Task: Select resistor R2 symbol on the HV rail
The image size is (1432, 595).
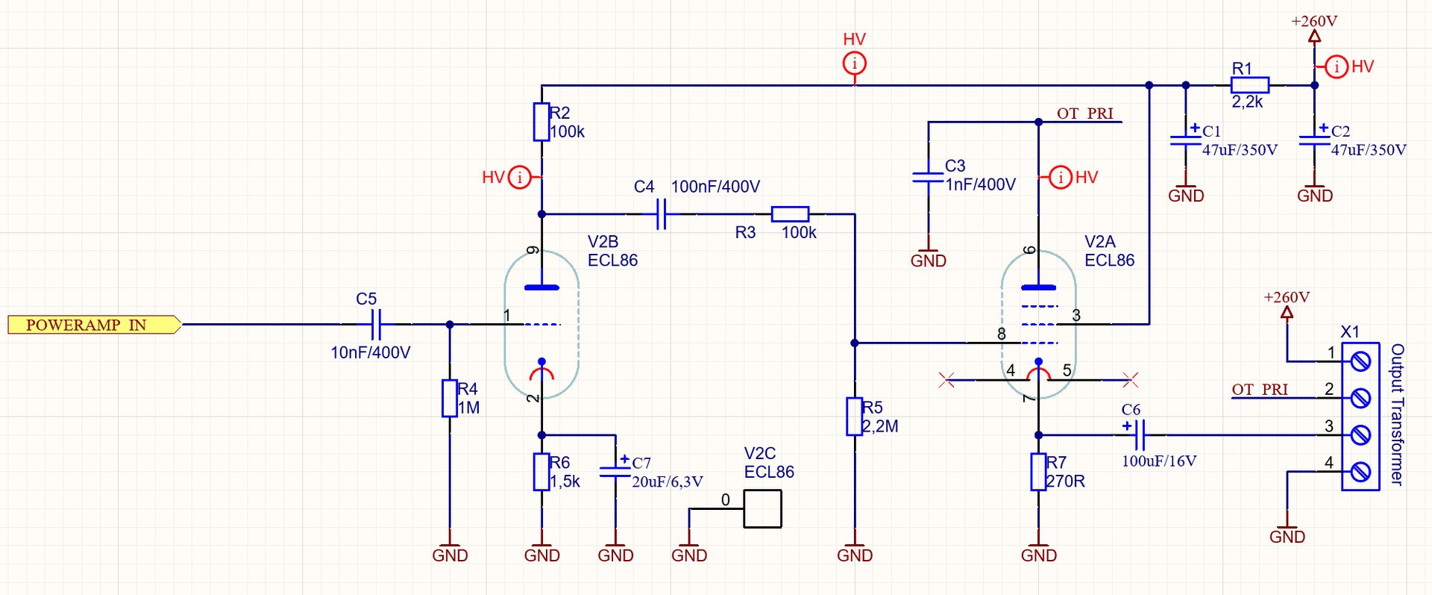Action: (x=541, y=122)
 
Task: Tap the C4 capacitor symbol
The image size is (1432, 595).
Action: (x=661, y=214)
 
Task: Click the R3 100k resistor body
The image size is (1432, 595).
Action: (x=790, y=214)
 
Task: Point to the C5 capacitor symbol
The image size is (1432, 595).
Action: (x=376, y=325)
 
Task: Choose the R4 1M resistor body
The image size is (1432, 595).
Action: (x=449, y=398)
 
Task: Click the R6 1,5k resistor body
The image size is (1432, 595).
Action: (x=541, y=472)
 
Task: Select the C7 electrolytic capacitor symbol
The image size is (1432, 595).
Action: (x=615, y=471)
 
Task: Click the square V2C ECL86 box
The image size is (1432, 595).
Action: (x=762, y=509)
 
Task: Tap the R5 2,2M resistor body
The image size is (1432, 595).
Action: (x=854, y=417)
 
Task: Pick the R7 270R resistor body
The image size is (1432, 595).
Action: (x=1038, y=472)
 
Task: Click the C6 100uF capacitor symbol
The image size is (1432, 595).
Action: (x=1139, y=434)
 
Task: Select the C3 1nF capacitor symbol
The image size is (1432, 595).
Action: (x=928, y=178)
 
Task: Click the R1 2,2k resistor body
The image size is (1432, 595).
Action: (x=1249, y=85)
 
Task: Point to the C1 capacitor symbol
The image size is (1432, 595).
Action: (x=1186, y=140)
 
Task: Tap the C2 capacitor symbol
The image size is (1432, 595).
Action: (x=1314, y=140)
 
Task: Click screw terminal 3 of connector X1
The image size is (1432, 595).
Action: (x=1360, y=434)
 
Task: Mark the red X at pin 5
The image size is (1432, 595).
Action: (x=1131, y=380)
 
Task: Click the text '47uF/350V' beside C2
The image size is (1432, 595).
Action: (x=1369, y=150)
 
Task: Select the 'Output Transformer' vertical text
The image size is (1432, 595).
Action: (x=1397, y=414)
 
